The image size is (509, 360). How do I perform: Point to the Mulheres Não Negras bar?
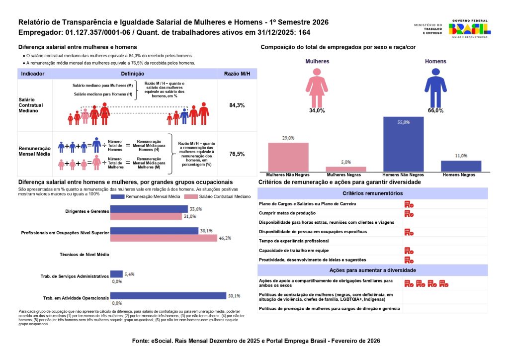click(288, 157)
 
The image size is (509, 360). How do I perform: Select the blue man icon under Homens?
click(435, 88)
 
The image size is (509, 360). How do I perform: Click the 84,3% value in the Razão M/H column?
click(237, 105)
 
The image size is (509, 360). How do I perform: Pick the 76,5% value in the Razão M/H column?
click(237, 154)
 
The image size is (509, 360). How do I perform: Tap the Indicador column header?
click(33, 74)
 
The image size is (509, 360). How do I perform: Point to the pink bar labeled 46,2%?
click(164, 238)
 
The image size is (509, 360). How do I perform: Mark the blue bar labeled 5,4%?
click(116, 274)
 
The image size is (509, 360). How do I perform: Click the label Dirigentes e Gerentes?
click(87, 211)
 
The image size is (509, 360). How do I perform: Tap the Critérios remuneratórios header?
click(372, 193)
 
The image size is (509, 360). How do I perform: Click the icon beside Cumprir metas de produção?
click(409, 213)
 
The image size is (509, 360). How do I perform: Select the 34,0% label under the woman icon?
click(317, 110)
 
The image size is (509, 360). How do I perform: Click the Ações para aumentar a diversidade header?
click(372, 270)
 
